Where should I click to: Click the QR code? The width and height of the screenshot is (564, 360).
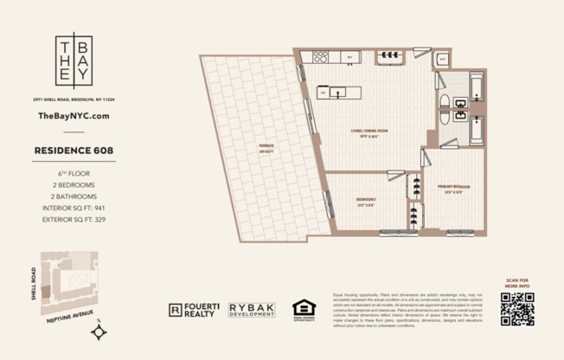516,309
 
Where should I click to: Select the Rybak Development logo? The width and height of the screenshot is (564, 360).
252,309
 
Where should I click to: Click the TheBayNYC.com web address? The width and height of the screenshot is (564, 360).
74,115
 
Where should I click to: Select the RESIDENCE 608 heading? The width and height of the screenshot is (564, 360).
74,150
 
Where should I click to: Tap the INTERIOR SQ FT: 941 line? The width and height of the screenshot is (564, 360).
74,208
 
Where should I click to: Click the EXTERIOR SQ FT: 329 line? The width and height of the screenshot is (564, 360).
74,219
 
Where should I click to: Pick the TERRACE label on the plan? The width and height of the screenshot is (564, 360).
253,145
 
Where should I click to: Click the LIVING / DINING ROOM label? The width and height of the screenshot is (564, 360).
369,132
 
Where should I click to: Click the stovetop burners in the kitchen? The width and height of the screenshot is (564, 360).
319,57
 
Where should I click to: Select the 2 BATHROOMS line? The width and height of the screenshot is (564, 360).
74,196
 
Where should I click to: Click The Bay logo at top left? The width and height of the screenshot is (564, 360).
74,61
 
